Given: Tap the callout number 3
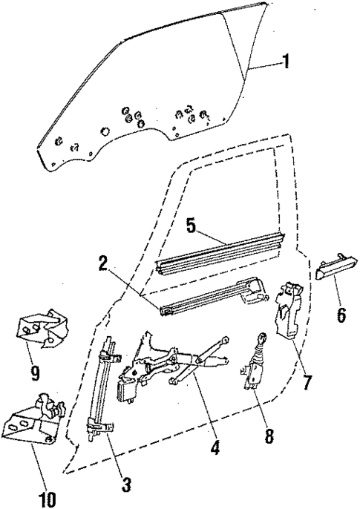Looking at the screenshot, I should click(126, 485).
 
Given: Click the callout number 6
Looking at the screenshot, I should click(340, 314).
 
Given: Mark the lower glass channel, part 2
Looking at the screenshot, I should click(208, 301).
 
